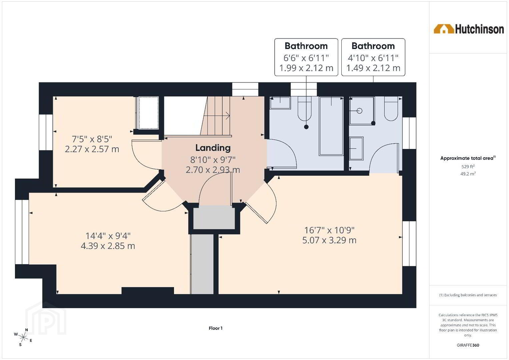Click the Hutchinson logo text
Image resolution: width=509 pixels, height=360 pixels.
pyautogui.click(x=479, y=29)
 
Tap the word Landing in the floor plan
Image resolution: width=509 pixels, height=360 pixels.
pyautogui.click(x=213, y=148)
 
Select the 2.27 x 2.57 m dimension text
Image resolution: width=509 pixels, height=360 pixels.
pyautogui.click(x=92, y=149)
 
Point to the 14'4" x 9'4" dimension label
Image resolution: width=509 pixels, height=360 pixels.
pyautogui.click(x=108, y=236)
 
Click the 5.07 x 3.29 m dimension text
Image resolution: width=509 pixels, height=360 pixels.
pyautogui.click(x=329, y=240)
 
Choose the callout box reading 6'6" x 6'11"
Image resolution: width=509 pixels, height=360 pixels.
pyautogui.click(x=306, y=57)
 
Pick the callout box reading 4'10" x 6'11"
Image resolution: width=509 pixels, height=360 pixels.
pyautogui.click(x=373, y=57)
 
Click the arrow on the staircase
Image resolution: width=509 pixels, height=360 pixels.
pyautogui.click(x=217, y=116)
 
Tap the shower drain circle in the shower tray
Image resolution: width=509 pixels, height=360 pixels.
pyautogui.click(x=359, y=111)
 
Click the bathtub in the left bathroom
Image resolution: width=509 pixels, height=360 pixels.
pyautogui.click(x=331, y=126)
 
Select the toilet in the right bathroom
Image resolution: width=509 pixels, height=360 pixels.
pyautogui.click(x=391, y=109)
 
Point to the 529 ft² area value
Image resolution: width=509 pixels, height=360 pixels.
pyautogui.click(x=468, y=166)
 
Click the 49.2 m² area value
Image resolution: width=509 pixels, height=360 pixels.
pyautogui.click(x=468, y=174)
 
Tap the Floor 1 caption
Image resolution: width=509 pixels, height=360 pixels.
pyautogui.click(x=215, y=328)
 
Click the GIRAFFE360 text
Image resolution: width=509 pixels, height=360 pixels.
pyautogui.click(x=468, y=345)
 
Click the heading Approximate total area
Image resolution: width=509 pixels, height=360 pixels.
pyautogui.click(x=468, y=158)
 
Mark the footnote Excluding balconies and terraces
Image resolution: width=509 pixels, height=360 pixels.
pyautogui.click(x=468, y=295)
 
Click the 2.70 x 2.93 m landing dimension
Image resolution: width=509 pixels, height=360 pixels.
pyautogui.click(x=213, y=170)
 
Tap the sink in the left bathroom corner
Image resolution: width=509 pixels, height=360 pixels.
pyautogui.click(x=280, y=103)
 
